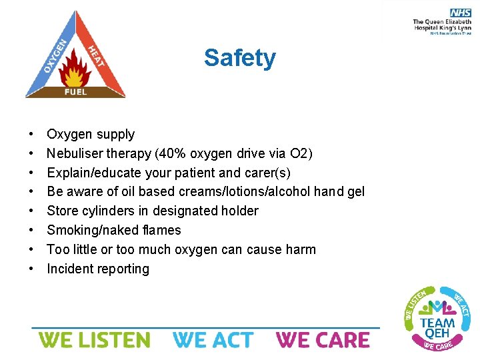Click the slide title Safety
(x=239, y=58)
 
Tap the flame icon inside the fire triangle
(x=75, y=70)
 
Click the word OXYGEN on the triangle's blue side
(x=55, y=55)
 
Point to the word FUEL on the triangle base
(x=75, y=91)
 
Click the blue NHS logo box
(x=460, y=13)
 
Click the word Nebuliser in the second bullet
(x=73, y=153)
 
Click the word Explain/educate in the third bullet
(x=89, y=173)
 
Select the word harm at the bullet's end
(x=299, y=250)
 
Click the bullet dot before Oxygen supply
(x=32, y=135)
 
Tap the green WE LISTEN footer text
(x=94, y=340)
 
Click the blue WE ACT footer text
(x=213, y=340)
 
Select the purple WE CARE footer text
(x=323, y=340)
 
